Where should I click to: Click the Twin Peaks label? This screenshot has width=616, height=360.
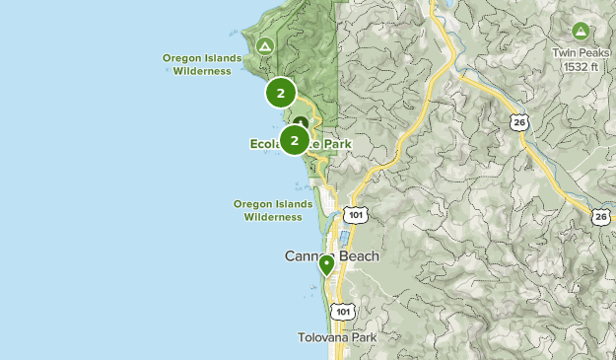579,53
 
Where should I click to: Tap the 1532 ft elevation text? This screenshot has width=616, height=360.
579,66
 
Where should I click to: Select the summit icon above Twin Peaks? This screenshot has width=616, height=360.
580,32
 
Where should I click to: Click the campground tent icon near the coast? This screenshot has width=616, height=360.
264,46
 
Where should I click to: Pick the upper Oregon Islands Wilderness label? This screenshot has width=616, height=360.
202,64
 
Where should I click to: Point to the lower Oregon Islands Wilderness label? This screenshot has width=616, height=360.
272,210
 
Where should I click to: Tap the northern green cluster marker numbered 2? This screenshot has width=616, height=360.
281,94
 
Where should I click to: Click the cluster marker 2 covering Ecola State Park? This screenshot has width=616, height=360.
294,140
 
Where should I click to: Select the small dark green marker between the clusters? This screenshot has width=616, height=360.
301,123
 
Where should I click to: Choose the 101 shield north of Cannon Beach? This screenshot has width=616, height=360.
354,213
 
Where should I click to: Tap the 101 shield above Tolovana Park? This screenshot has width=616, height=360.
342,312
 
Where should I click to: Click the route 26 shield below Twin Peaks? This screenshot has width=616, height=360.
518,121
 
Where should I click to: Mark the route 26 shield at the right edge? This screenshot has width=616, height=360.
601,216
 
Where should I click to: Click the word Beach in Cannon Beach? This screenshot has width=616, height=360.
358,256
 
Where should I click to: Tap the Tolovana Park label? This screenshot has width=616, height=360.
337,337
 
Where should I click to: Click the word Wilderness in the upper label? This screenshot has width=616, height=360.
208,70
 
